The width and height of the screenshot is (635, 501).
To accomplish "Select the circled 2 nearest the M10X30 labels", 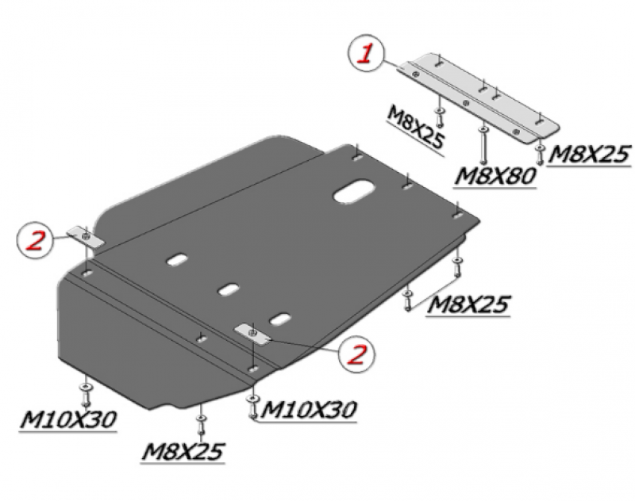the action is [356, 353].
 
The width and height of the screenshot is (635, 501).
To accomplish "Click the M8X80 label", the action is [495, 177].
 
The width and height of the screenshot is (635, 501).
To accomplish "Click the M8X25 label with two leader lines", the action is [468, 304].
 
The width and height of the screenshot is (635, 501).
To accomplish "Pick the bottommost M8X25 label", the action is [183, 452].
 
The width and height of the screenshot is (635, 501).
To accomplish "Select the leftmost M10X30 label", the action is [68, 419].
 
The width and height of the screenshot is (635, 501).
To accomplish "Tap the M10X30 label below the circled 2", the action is [309, 410].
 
